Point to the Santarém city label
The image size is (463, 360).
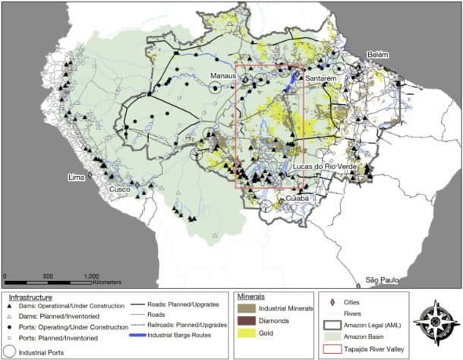[x=323, y=78]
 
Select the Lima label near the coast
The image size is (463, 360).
[x=76, y=177]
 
